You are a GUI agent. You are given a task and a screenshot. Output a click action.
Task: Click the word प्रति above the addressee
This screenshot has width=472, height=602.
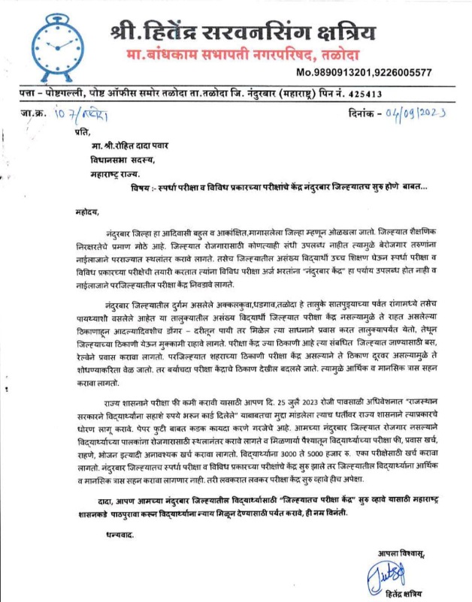73,133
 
